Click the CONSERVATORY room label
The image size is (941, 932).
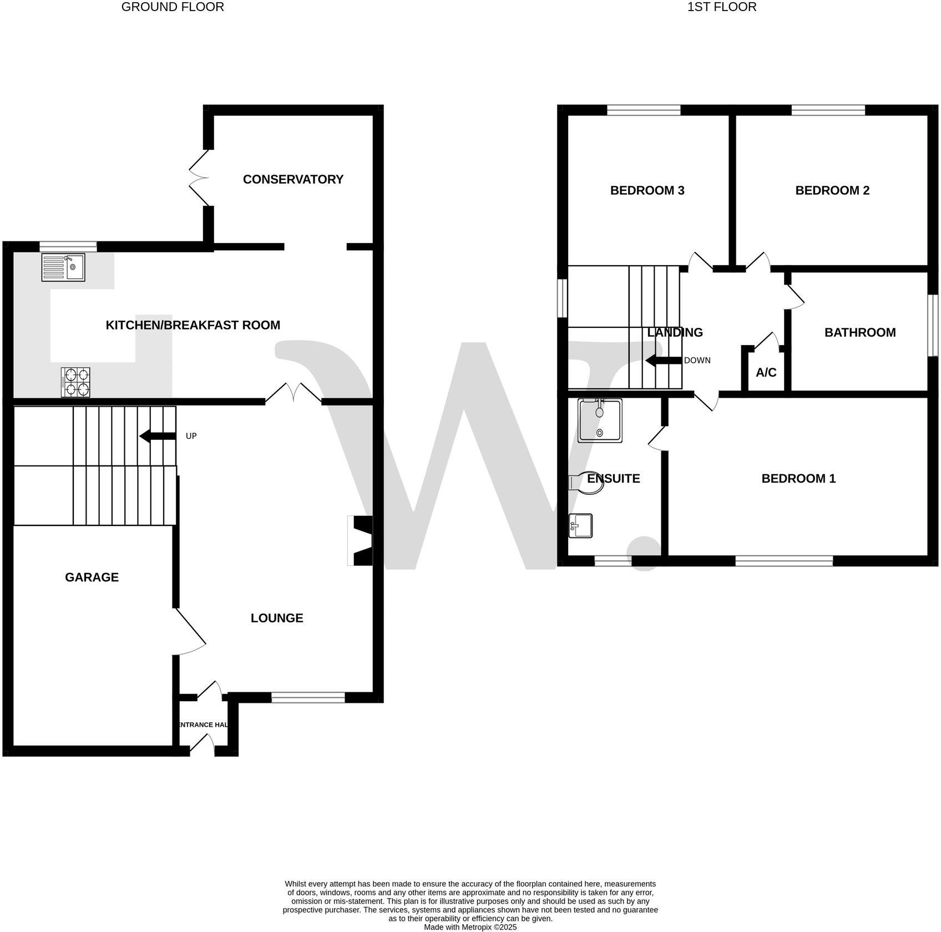point(293,179)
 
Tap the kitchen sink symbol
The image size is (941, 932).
point(63,267)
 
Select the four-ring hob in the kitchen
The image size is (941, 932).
point(75,382)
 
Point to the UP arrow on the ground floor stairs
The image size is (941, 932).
point(158,436)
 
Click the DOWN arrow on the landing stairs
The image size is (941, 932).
point(664,361)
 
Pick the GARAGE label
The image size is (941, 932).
point(92,577)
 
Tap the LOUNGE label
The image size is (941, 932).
point(277,618)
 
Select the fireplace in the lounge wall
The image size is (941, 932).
point(361,541)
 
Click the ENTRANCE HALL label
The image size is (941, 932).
point(203,725)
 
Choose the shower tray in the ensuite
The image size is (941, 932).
point(600,420)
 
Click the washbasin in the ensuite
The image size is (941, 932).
point(581,525)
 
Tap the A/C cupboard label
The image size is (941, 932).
point(766,372)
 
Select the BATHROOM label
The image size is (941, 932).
point(860,332)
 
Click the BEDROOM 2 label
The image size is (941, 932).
point(832,190)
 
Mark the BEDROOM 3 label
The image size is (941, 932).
point(647,190)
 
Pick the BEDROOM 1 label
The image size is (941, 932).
point(798,478)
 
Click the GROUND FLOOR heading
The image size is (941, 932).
point(173,7)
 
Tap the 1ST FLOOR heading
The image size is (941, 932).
point(722,7)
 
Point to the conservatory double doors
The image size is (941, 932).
point(199,178)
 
